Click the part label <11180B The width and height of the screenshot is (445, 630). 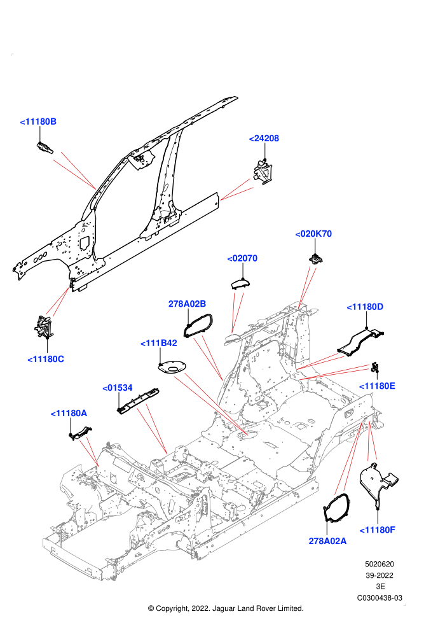point(38,122)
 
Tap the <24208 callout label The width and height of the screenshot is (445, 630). point(264,138)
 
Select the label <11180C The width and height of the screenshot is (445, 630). point(46,359)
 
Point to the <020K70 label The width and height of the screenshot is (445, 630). point(313,234)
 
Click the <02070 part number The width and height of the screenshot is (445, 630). point(242,258)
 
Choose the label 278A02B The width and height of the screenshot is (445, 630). point(187,304)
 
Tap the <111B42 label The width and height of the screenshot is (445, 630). point(159,343)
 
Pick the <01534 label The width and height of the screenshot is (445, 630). point(118,388)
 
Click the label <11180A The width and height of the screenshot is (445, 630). point(69,413)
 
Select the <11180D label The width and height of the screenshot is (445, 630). point(365,307)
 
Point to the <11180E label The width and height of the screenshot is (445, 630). point(377,386)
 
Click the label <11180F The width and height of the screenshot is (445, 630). point(378,530)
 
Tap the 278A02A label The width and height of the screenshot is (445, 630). point(327,541)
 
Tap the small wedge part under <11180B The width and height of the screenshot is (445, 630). point(45,148)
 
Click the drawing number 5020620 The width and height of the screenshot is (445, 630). point(379,564)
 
